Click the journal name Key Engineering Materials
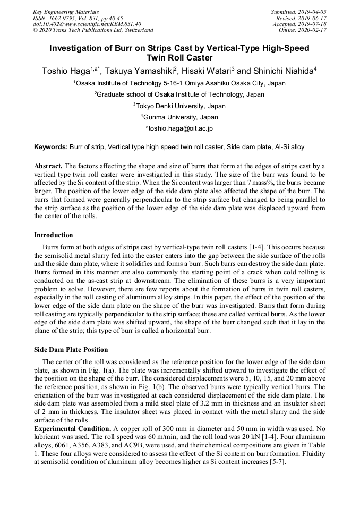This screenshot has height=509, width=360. click(x=66, y=12)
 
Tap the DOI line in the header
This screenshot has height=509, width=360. click(x=87, y=24)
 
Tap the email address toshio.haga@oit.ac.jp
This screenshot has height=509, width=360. click(x=181, y=128)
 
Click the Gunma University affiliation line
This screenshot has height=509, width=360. click(x=179, y=117)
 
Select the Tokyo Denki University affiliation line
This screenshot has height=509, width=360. click(x=179, y=106)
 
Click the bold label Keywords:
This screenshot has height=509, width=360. click(x=51, y=146)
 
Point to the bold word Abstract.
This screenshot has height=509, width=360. click(x=48, y=166)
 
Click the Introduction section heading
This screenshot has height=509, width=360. click(x=54, y=235)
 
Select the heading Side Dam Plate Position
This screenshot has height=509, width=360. click(x=71, y=350)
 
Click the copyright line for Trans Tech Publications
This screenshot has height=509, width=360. click(x=93, y=30)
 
